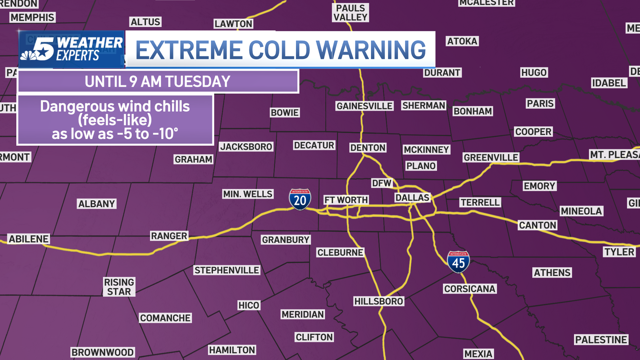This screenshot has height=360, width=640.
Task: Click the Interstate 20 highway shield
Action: coord(300,199)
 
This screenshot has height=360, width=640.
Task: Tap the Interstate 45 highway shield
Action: coord(458,262)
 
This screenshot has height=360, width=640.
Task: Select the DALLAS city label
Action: coord(412,198)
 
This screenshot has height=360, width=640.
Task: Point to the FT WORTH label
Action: coord(346,200)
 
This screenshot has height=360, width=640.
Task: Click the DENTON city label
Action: coord(368,148)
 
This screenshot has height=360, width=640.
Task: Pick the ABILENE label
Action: coord(29,239)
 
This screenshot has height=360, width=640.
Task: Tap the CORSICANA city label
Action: coord(470,289)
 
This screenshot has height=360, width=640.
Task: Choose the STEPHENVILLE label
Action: coord(227,270)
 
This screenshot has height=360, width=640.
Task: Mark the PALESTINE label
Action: coord(601,340)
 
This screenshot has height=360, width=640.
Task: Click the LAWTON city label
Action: coord(233,24)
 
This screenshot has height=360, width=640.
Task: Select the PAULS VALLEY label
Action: coord(350,13)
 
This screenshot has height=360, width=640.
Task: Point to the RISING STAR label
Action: coord(119,287)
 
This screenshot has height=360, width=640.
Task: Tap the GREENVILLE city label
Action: coord(491,157)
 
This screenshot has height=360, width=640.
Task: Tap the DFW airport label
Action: coord(382,183)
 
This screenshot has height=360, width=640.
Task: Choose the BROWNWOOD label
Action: coord(103,352)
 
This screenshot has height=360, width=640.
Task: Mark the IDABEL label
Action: coord(609,83)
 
